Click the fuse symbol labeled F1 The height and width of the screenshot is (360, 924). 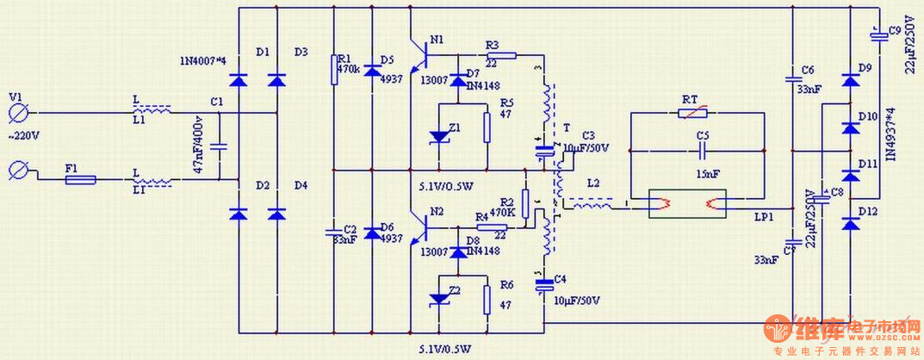pos(80,180)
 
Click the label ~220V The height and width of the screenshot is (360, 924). pos(22,136)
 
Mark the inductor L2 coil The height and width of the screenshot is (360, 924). pos(590,205)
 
